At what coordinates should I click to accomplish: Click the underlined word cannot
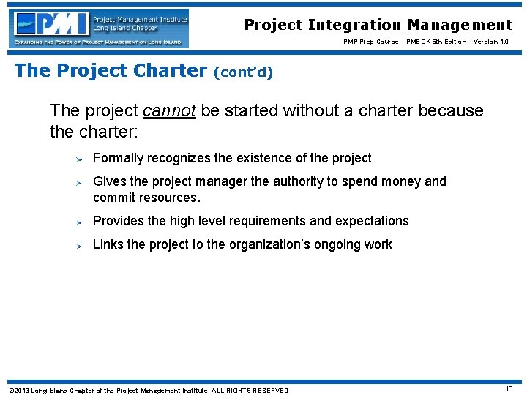coord(170,110)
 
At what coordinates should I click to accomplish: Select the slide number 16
coord(509,389)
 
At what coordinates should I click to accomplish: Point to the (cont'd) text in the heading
coord(243,72)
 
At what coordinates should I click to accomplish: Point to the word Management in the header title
coord(460,25)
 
